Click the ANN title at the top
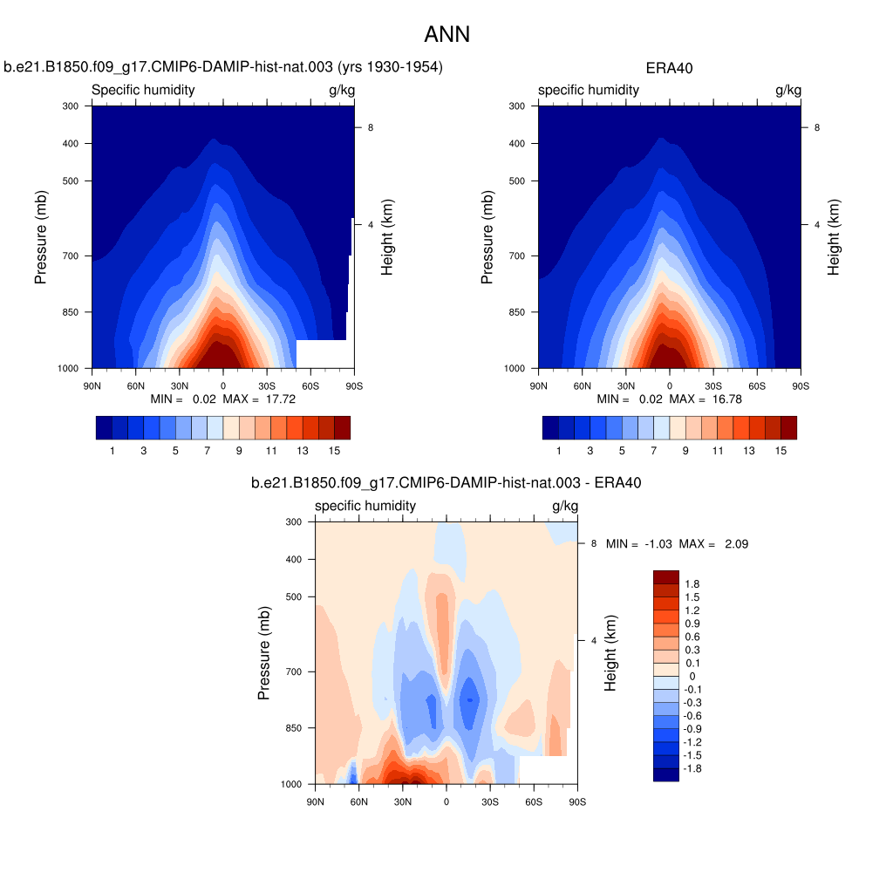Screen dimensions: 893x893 point(446,35)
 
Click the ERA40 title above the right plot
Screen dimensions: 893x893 point(669,68)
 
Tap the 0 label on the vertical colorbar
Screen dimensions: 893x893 point(692,676)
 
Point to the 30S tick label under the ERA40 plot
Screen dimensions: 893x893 point(713,385)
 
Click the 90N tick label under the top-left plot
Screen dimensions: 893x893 point(92,385)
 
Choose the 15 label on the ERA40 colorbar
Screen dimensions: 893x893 point(781,451)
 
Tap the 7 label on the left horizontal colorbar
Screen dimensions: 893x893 point(207,451)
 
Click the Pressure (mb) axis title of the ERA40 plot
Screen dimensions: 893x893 point(487,237)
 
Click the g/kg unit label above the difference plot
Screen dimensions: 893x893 point(565,506)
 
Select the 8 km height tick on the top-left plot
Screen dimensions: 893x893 point(371,127)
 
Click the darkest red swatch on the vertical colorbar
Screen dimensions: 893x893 point(665,576)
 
